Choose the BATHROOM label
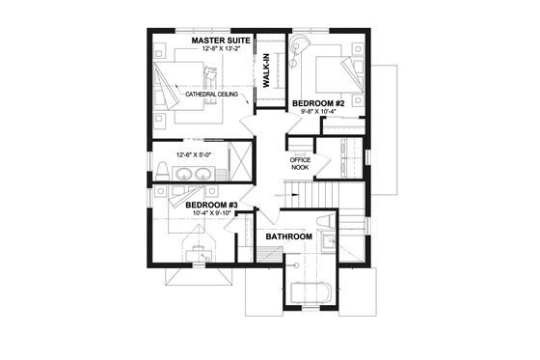288,236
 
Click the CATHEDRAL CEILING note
208,94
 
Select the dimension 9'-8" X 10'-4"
317,112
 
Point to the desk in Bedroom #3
200,252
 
